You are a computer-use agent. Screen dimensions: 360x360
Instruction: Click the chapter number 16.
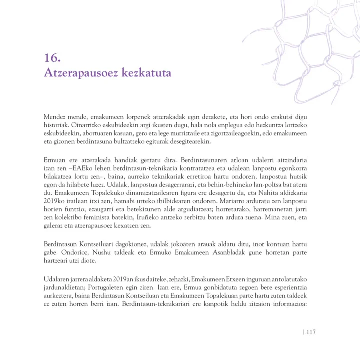coord(52,58)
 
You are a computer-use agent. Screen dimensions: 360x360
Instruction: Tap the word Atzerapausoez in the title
coord(77,73)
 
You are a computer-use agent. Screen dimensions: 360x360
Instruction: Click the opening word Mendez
coord(54,116)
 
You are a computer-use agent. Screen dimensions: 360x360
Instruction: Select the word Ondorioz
coord(56,252)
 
